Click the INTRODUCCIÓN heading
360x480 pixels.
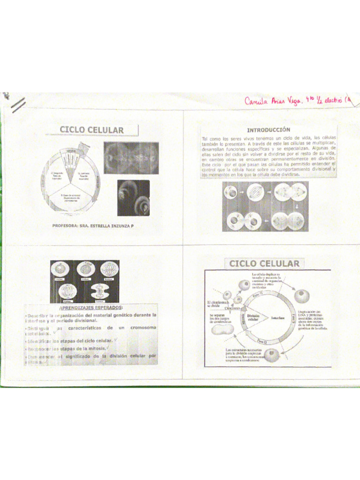tap(269, 129)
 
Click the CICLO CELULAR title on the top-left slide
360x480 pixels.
tap(91, 130)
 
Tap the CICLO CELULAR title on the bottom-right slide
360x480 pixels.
tap(264, 263)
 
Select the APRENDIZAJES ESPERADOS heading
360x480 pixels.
tap(91, 307)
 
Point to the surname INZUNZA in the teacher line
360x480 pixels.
tap(119, 226)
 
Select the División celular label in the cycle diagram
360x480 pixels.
tap(253, 318)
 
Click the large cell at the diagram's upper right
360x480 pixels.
tap(301, 296)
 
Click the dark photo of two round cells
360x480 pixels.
tap(133, 197)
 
